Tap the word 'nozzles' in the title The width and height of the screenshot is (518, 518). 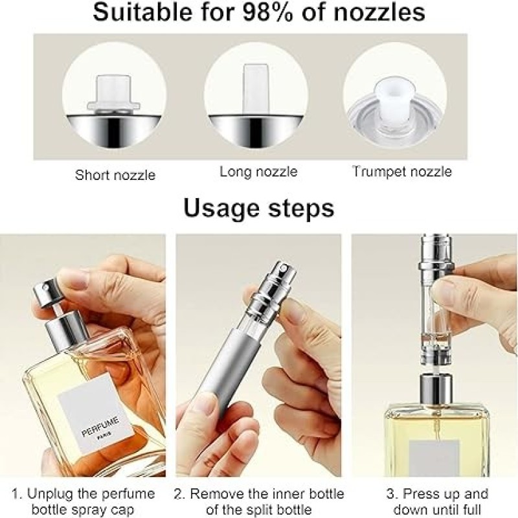tap(379, 12)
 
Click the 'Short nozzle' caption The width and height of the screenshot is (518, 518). tap(115, 175)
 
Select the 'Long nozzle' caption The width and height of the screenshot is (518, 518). tap(258, 172)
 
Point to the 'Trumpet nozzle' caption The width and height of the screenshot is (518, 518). tap(402, 172)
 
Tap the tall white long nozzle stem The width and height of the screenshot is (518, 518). tap(255, 89)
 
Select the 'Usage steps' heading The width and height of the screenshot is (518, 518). tap(258, 208)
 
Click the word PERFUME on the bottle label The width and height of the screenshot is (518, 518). tap(100, 427)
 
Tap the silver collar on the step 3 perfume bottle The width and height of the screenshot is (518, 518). tap(436, 390)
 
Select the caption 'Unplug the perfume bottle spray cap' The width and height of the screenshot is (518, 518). tap(84, 501)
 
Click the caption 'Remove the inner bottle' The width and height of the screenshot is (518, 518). tap(258, 494)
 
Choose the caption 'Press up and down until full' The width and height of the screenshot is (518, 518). tap(438, 501)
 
